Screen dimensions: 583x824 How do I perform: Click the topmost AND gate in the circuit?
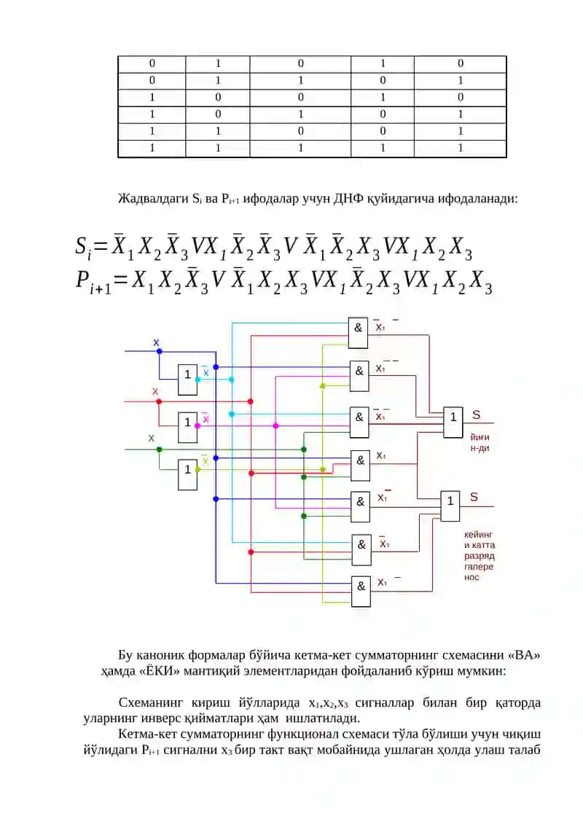(358, 333)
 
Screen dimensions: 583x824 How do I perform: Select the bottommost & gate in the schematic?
(361, 591)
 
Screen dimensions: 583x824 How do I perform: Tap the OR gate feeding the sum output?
(453, 422)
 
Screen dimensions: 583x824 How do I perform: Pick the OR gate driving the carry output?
(450, 506)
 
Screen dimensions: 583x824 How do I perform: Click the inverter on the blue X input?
(188, 380)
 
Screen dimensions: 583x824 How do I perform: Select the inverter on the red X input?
(188, 427)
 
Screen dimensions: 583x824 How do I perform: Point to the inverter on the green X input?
(188, 474)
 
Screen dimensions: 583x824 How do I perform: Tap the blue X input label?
(156, 342)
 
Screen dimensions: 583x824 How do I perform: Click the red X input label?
(155, 391)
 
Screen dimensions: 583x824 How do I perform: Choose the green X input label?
(152, 438)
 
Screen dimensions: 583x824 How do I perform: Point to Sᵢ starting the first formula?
(84, 246)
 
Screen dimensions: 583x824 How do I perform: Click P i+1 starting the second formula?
(93, 281)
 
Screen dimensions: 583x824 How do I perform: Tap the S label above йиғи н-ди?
(477, 415)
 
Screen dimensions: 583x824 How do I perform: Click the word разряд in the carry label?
(480, 555)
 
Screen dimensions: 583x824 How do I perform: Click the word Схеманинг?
(150, 702)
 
